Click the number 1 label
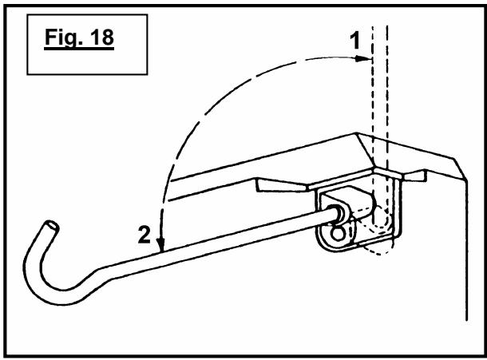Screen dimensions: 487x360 click(x=354, y=41)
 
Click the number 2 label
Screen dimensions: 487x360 click(x=145, y=235)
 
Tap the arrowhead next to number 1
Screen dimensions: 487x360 click(x=363, y=58)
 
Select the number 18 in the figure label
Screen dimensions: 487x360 click(x=102, y=37)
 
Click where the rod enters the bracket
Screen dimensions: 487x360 click(x=336, y=214)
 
